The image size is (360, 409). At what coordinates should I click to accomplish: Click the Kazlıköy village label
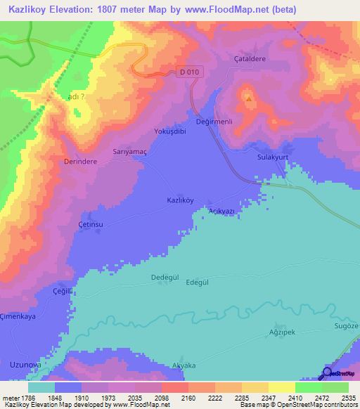[x=179, y=200]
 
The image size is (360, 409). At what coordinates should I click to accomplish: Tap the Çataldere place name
[x=250, y=59]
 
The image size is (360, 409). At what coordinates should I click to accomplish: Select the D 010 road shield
[x=188, y=72]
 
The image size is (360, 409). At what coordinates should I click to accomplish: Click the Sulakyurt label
[x=274, y=158]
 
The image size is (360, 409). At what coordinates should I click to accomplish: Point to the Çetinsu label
[x=91, y=224]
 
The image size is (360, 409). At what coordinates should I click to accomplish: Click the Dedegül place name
[x=166, y=278]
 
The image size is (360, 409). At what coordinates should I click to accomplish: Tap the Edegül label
[x=198, y=282]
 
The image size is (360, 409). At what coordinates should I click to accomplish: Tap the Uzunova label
[x=26, y=364]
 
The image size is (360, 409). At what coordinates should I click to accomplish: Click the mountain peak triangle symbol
[x=247, y=98]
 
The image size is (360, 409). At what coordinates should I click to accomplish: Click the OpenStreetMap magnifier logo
[x=326, y=373]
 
